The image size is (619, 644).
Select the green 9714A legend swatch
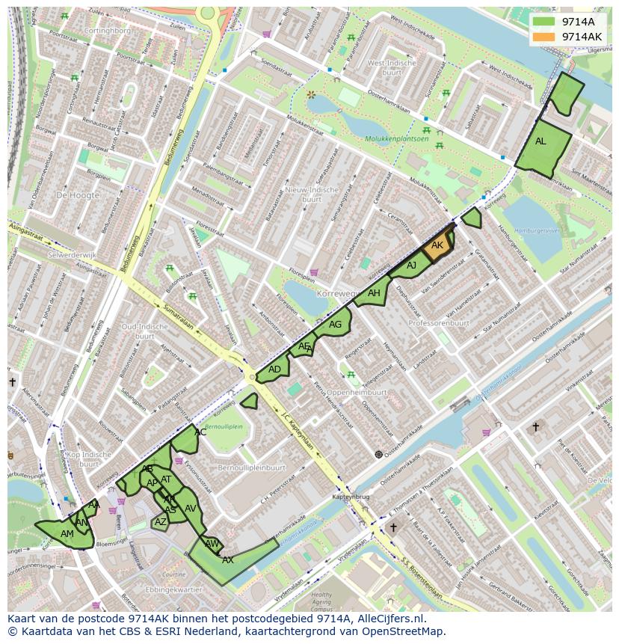[x=544, y=22]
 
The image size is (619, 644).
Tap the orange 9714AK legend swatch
[x=544, y=37]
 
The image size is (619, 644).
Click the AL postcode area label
[x=541, y=141]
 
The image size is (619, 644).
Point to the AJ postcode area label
[x=411, y=266]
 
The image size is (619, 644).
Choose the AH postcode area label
[x=374, y=293]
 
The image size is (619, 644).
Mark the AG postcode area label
[x=335, y=325]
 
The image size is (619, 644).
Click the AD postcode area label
[x=274, y=369]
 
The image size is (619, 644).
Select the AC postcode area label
[x=200, y=432]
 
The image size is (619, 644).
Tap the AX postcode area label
[x=228, y=559]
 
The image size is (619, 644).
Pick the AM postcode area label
[x=67, y=533]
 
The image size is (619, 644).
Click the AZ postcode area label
[x=161, y=522]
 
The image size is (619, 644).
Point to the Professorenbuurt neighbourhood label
[x=439, y=323]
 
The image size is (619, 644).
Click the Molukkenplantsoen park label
[x=397, y=139]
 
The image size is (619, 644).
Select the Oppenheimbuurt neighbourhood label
[x=357, y=392]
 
